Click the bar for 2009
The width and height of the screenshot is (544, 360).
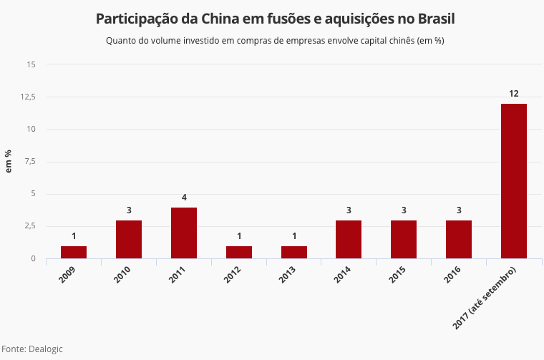[74, 252]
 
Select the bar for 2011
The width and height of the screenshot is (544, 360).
[184, 233]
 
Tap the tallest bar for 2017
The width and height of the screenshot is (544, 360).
[514, 181]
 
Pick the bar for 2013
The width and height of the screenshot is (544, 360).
[294, 252]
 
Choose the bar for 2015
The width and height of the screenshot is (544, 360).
[404, 239]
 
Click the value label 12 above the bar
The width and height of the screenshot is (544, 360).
[514, 93]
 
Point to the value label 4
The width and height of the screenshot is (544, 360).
[184, 197]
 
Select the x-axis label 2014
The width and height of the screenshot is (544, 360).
[344, 274]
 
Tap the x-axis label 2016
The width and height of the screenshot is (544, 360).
[455, 274]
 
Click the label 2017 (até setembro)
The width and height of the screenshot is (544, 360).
[485, 299]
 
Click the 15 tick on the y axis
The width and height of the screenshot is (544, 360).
[31, 64]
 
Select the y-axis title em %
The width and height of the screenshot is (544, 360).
[9, 161]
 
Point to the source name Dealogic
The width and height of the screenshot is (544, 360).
[46, 349]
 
